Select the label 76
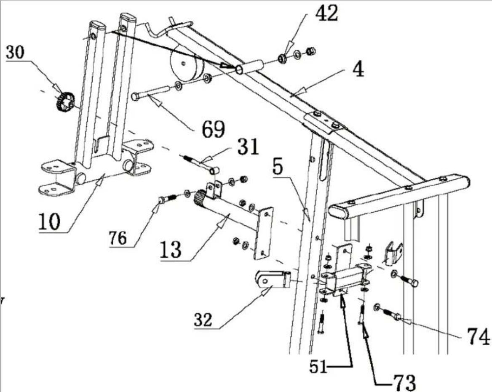pyautogui.click(x=118, y=238)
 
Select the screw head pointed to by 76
pyautogui.click(x=161, y=201)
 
